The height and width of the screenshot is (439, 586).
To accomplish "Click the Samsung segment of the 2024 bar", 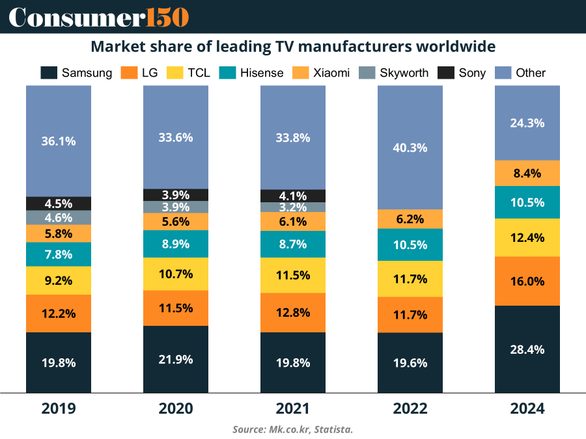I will pos(527,349).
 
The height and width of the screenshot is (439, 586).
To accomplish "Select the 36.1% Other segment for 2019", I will pos(59,141).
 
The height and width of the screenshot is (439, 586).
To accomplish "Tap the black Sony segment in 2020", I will pos(176,194).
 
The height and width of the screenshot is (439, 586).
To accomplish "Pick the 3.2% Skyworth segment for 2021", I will pos(293,207).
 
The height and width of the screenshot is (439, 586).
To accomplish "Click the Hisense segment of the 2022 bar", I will pos(410,245).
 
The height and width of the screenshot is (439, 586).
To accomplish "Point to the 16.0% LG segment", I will pos(527,281).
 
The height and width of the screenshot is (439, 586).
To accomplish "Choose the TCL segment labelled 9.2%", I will pos(59,281).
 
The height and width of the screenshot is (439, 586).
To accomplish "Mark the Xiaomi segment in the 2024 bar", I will pos(527,173).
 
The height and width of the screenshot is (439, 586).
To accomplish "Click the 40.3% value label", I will pos(410,148).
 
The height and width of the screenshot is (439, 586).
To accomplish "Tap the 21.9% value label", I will pos(176,359).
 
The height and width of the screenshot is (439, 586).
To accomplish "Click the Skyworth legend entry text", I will pos(404,73).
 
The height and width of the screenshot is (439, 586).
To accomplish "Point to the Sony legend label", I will pos(471,73).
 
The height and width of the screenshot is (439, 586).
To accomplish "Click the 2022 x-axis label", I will pos(410,408).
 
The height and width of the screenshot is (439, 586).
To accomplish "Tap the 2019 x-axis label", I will pos(59,408).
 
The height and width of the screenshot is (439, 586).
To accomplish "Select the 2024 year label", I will pos(527,408).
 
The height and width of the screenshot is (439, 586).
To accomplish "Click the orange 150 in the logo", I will pos(166,17).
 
